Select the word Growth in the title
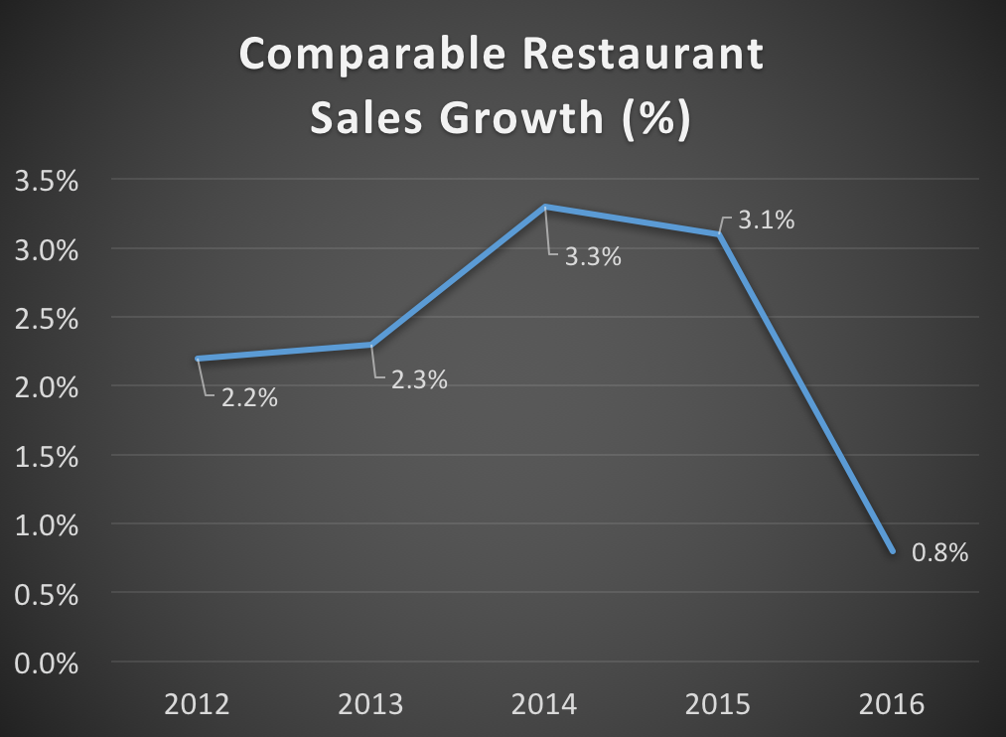[x=523, y=118]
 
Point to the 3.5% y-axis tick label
[x=44, y=181]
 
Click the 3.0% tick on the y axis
[x=44, y=249]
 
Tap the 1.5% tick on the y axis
[x=44, y=456]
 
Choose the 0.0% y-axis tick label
[x=44, y=663]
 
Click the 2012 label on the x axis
[x=198, y=706]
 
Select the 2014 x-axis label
[x=545, y=706]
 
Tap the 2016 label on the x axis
[x=892, y=706]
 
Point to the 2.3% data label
[x=418, y=378]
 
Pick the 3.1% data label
[x=766, y=221]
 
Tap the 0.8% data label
[x=938, y=553]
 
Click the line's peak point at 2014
[x=545, y=207]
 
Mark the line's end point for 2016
[x=892, y=551]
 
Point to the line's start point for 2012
[x=199, y=358]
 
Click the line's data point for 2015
[x=718, y=234]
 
